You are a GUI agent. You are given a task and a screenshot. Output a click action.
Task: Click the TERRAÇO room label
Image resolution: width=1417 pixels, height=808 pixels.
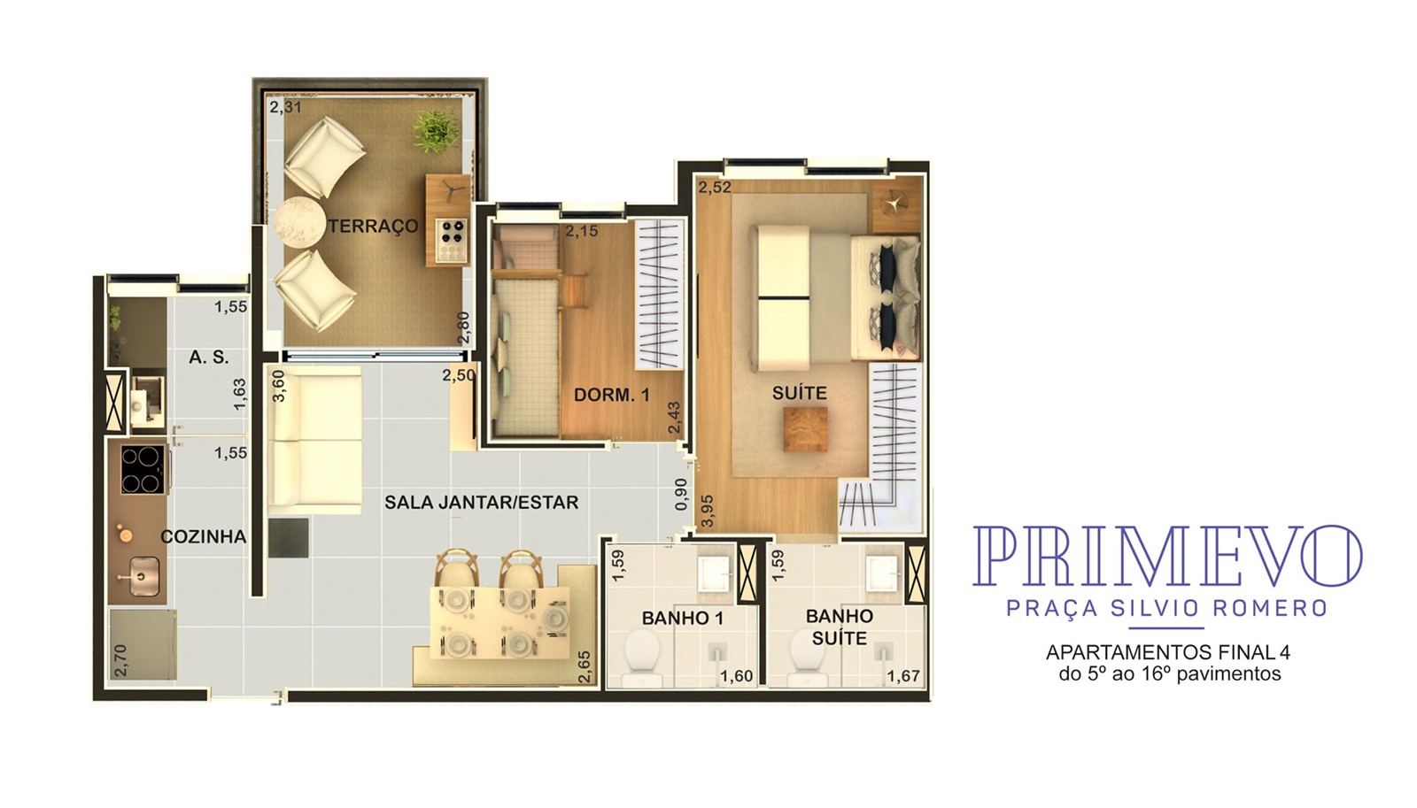(373, 227)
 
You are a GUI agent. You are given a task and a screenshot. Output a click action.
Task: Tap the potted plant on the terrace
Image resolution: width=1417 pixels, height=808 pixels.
(436, 132)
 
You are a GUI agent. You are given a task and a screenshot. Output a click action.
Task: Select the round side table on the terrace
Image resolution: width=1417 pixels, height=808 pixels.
(299, 225)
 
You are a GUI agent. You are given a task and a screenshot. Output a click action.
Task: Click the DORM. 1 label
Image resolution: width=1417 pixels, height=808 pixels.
(612, 395)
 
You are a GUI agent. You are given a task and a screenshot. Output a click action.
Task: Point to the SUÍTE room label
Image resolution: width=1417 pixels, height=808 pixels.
(800, 393)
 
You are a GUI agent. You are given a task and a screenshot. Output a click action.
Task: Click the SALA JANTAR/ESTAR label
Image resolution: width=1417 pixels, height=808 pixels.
(482, 503)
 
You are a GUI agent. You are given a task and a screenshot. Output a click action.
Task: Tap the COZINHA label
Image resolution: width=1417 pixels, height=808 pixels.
(203, 537)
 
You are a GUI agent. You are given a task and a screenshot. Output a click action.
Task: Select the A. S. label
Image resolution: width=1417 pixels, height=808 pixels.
(209, 358)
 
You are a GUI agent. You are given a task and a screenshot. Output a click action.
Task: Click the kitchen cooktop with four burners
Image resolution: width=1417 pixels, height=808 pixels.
(142, 469)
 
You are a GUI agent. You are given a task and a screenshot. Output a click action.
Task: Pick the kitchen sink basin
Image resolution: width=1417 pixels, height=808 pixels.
(143, 575)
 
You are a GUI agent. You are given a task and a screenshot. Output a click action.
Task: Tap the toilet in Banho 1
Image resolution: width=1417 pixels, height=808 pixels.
(642, 658)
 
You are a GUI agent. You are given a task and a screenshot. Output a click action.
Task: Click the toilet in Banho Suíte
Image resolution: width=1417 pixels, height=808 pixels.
(807, 658)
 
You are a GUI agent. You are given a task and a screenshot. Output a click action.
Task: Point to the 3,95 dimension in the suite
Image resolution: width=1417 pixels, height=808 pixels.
(708, 511)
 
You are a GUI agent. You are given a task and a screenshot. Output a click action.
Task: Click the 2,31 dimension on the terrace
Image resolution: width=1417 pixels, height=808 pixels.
(285, 107)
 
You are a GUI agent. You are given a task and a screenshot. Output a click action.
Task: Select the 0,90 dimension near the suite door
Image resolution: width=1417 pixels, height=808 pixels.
(681, 495)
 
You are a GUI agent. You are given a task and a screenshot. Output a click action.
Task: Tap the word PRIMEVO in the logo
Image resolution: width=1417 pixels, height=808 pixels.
(1167, 556)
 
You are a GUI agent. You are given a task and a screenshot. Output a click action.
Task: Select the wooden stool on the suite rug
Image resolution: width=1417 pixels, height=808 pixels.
(805, 429)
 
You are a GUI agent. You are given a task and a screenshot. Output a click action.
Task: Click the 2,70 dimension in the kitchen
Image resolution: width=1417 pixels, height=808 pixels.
(120, 661)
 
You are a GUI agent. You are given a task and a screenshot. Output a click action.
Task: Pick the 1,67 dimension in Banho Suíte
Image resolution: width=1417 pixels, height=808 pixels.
(902, 676)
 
